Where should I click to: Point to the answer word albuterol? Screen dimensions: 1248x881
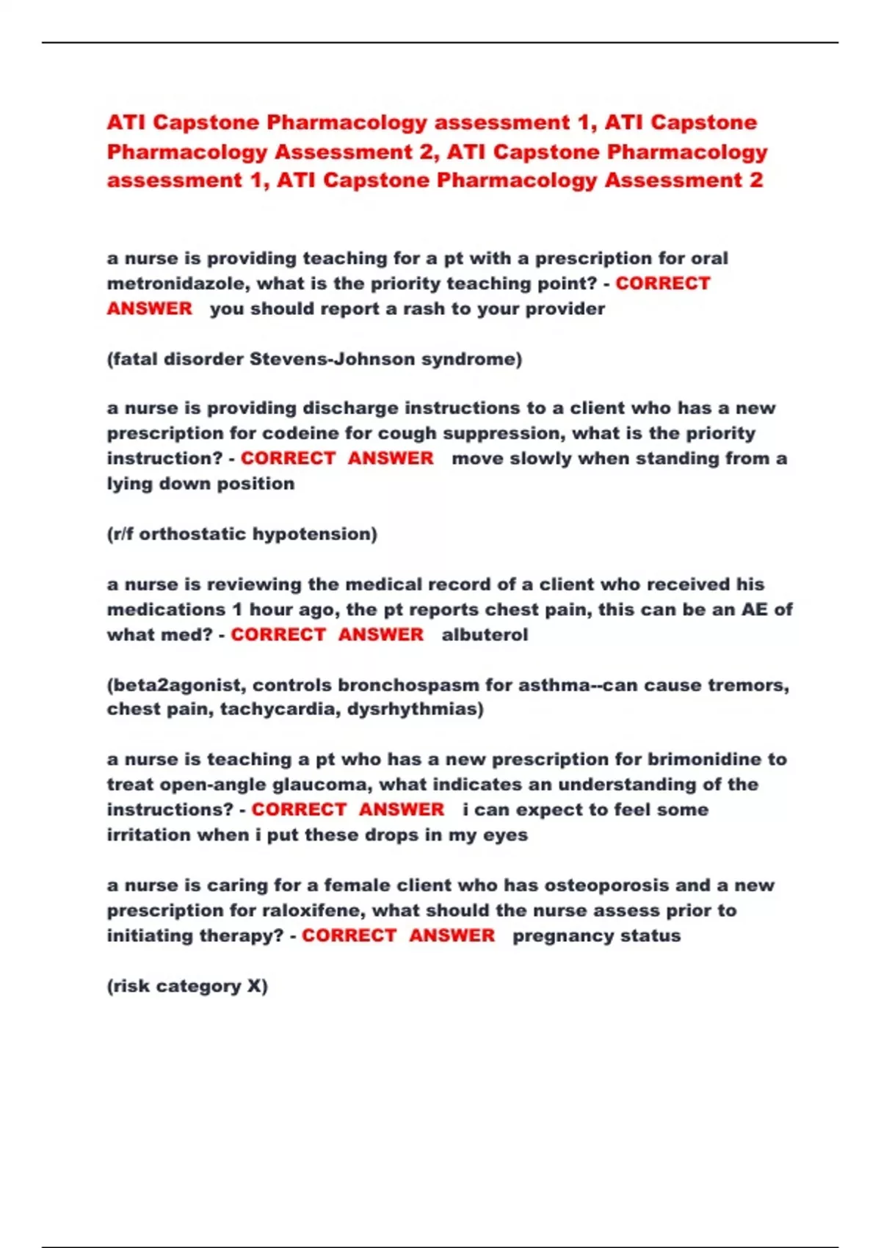point(485,634)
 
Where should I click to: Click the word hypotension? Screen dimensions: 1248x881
point(314,534)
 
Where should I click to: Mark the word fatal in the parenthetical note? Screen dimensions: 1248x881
point(134,359)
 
